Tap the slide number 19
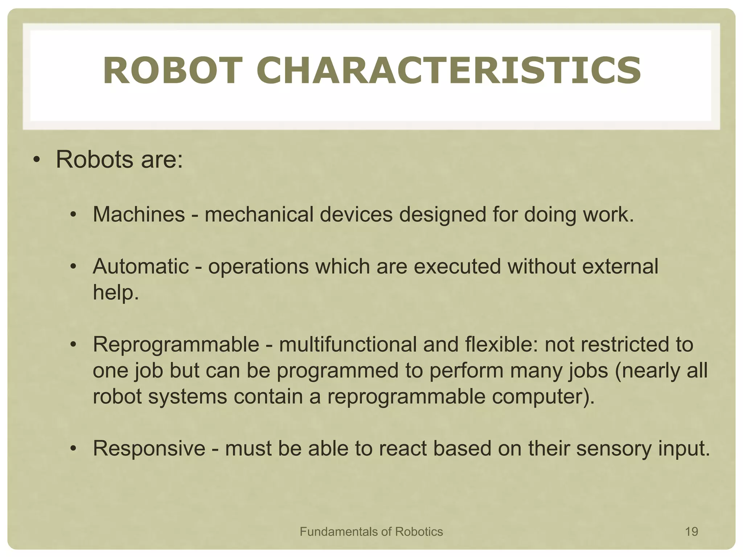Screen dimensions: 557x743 coord(691,532)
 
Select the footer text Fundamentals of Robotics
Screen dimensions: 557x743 coord(371,532)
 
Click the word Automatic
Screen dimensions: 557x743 coord(141,266)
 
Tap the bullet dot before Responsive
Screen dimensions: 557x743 coord(73,449)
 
